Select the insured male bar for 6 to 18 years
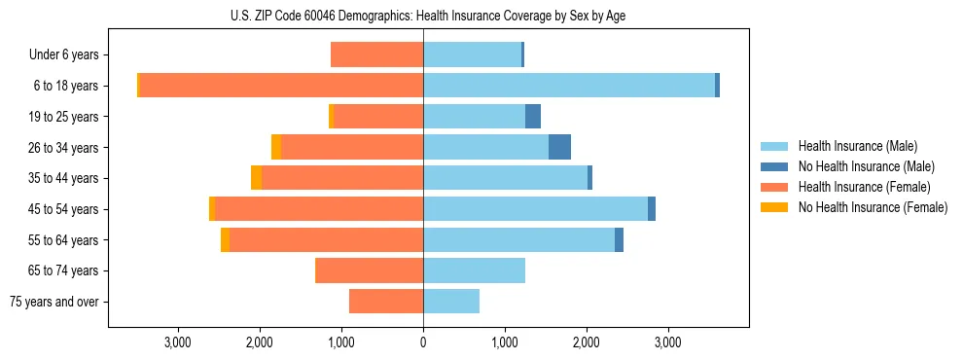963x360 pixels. (569, 86)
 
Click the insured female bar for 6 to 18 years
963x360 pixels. (282, 86)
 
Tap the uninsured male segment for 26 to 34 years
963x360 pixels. (559, 147)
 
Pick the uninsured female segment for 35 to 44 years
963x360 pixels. (256, 178)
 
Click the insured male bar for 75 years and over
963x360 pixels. (451, 302)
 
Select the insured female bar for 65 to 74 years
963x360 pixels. (370, 270)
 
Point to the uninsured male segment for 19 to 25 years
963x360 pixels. (533, 117)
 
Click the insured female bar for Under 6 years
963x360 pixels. (377, 54)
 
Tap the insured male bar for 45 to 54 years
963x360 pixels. (535, 209)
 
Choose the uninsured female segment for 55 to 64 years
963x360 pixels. (226, 240)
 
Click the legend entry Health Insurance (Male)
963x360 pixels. (857, 146)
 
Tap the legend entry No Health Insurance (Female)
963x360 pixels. (873, 207)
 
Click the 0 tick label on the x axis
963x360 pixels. (423, 342)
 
